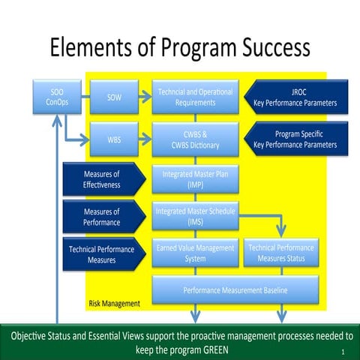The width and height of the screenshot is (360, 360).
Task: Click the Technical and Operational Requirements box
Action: (x=195, y=97)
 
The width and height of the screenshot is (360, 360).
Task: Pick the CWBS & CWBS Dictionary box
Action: (x=195, y=139)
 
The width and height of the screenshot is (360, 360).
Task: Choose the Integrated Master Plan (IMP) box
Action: (x=195, y=179)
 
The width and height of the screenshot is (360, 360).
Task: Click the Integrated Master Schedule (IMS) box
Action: (x=195, y=216)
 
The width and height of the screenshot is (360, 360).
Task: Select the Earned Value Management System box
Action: (x=195, y=253)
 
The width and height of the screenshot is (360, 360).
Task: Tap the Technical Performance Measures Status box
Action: (x=281, y=253)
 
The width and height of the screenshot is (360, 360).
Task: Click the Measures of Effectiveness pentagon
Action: (x=101, y=179)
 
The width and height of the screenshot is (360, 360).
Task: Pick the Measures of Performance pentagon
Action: (x=101, y=217)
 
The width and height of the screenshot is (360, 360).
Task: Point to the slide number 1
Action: (x=342, y=351)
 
